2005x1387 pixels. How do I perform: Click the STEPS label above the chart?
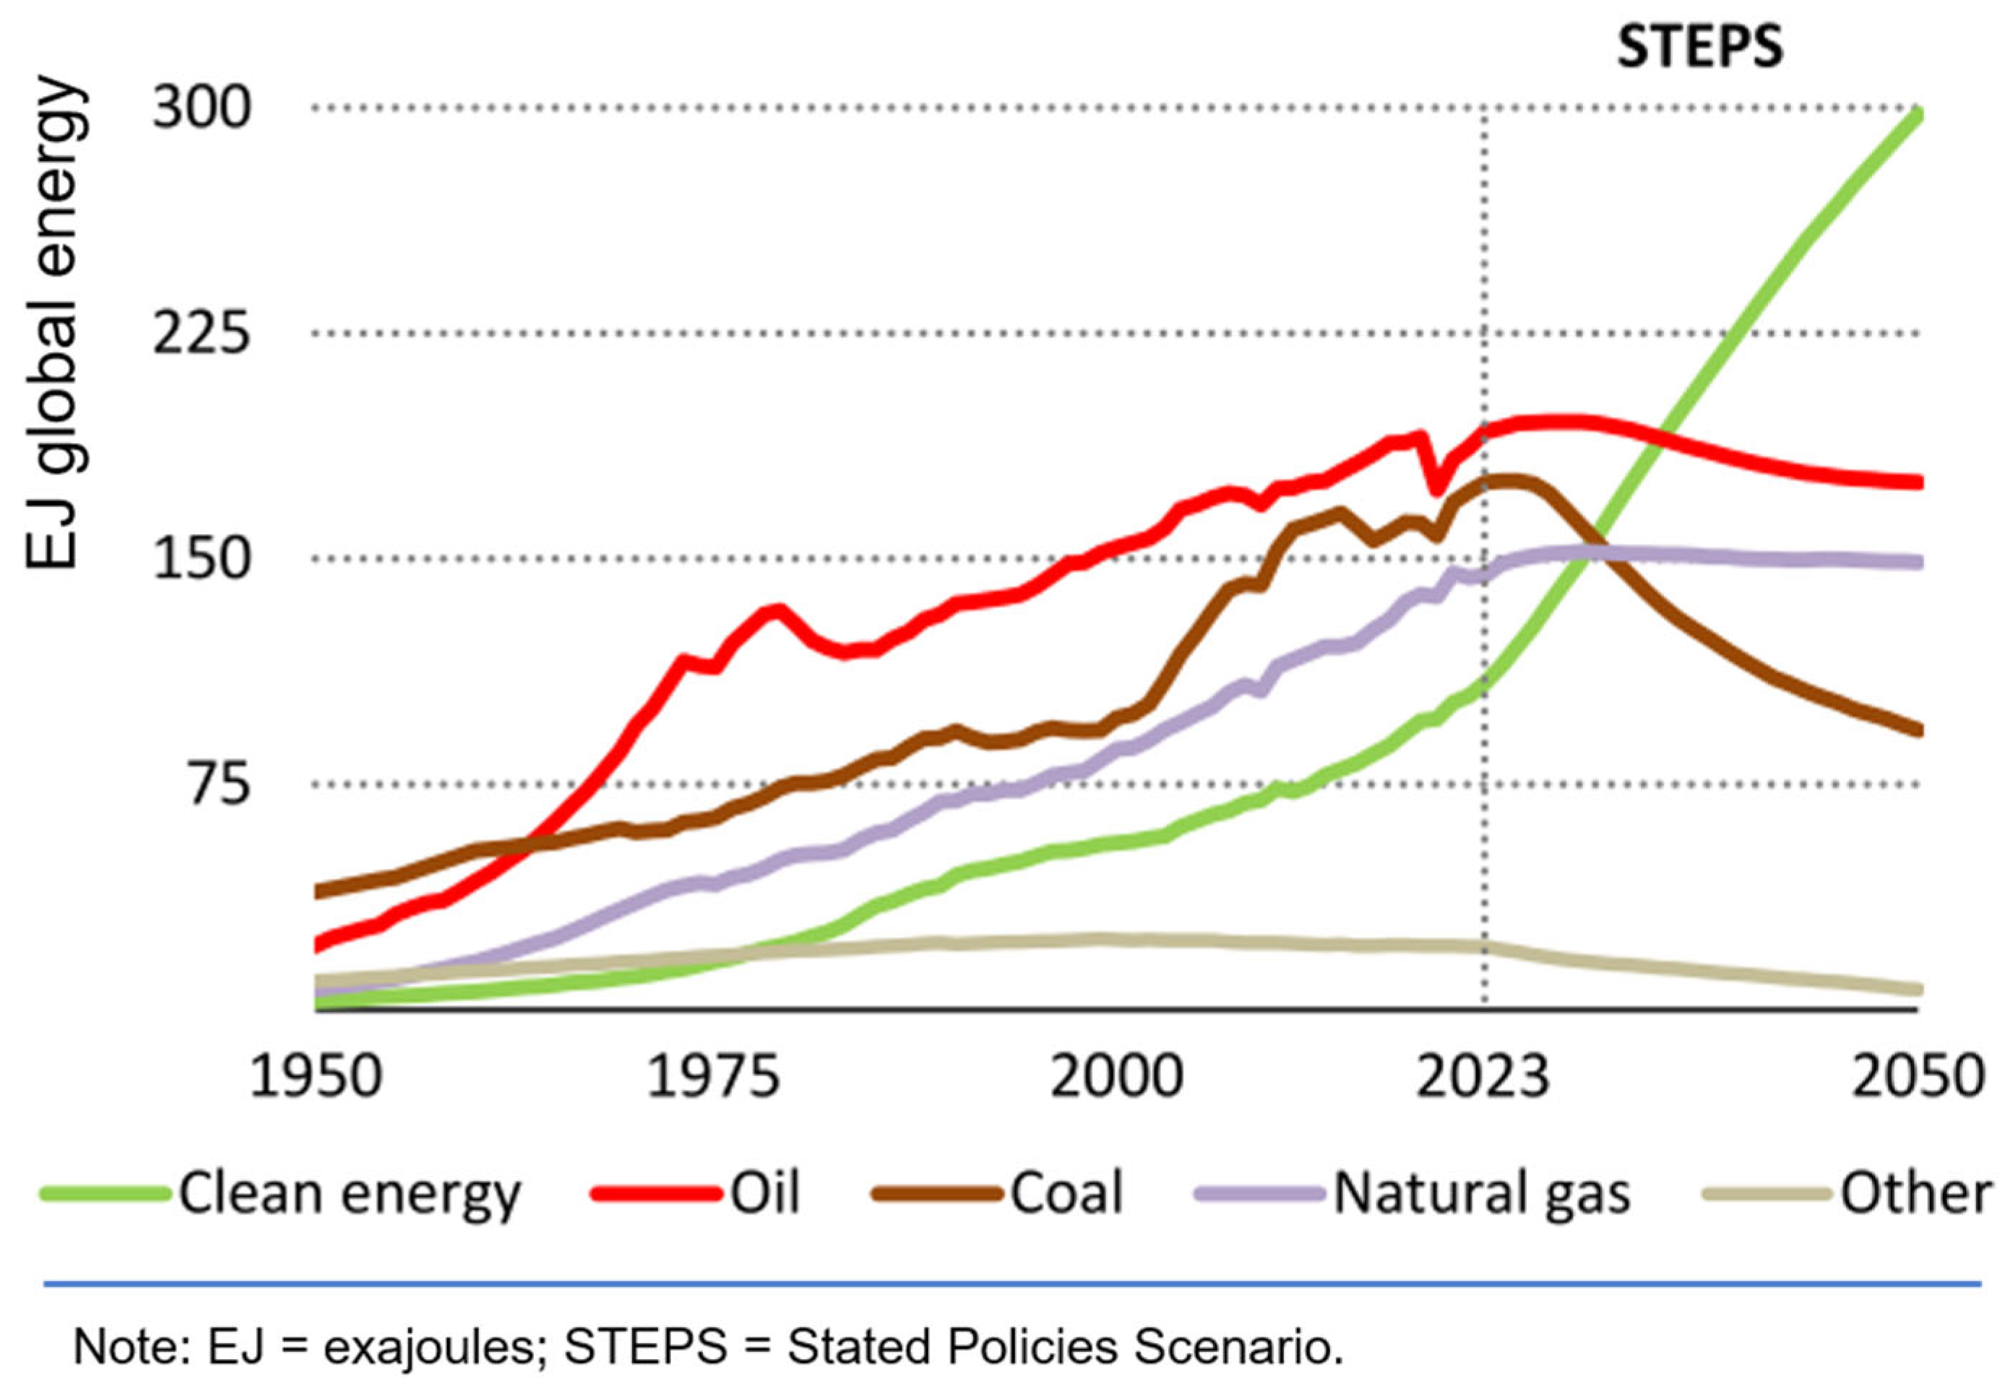pos(1699,47)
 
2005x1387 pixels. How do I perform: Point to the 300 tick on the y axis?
pos(202,108)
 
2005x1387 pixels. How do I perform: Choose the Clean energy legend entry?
pos(348,1193)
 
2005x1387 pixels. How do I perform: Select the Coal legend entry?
pos(1066,1193)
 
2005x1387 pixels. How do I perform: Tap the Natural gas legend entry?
pos(1481,1193)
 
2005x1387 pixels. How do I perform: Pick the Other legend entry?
pos(1915,1193)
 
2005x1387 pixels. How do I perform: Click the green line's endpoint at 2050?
pos(1916,115)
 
